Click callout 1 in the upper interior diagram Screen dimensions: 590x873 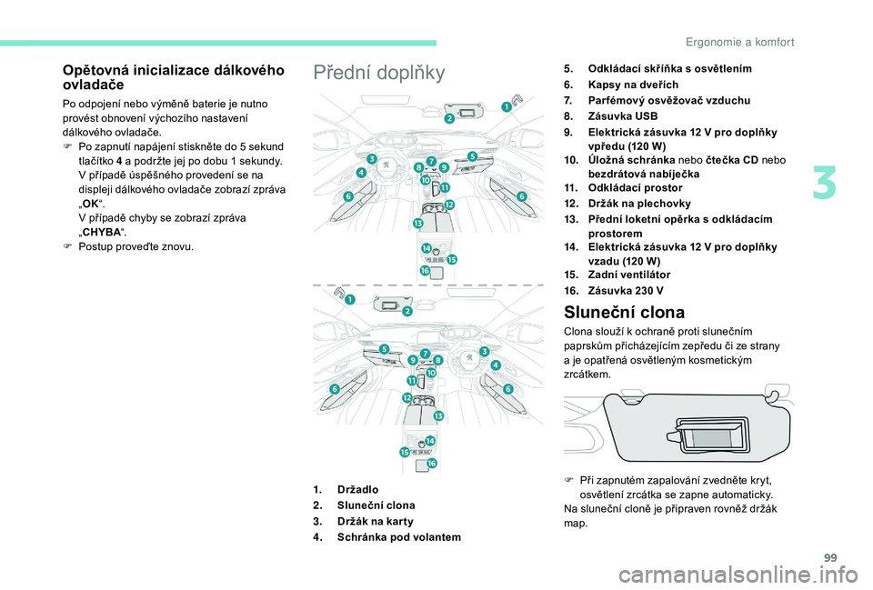[506, 106]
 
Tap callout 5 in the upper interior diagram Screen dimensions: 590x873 [472, 156]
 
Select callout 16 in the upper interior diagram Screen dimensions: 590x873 [424, 270]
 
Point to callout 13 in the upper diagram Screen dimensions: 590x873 [417, 223]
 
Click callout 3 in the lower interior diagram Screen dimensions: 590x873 [485, 351]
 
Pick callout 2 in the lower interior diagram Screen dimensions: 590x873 [406, 311]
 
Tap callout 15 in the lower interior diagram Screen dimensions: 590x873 [405, 452]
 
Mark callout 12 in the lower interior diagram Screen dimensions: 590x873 [407, 398]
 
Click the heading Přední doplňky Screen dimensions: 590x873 [378, 73]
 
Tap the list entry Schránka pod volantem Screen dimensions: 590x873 [398, 537]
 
